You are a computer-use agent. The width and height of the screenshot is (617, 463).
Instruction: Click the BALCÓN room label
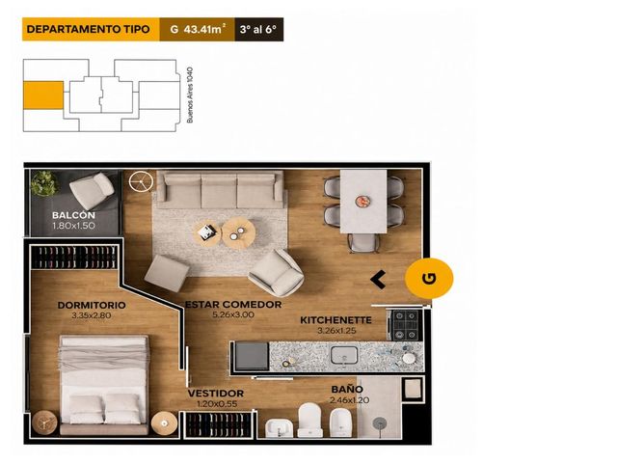73,215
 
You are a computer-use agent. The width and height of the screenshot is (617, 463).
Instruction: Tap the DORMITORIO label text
92,305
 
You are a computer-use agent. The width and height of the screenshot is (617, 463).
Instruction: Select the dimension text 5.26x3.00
233,315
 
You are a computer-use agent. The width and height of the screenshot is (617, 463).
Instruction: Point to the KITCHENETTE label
335,320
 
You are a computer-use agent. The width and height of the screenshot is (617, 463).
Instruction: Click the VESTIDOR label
216,394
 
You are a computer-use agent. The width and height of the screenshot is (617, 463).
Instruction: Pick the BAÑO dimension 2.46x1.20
349,400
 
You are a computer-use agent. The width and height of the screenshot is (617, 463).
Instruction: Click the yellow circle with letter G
429,279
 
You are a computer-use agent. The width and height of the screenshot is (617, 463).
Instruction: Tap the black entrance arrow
378,280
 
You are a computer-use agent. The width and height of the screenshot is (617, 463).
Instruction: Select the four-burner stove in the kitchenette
406,325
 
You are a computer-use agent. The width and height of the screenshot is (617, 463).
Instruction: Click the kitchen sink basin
344,355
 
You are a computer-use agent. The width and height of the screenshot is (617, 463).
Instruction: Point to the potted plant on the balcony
43,183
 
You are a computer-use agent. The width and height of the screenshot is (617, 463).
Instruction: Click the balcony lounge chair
93,190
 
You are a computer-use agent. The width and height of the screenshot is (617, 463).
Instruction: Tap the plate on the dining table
362,202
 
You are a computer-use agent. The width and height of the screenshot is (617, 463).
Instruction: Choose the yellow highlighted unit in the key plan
43,95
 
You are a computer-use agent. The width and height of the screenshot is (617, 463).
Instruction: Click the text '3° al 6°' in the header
258,29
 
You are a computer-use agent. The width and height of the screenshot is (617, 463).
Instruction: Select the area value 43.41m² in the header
203,29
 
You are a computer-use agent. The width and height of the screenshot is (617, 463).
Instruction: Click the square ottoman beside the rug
167,273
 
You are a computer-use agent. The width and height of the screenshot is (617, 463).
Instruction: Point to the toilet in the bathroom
310,420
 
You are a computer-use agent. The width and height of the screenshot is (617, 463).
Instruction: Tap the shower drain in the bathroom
379,423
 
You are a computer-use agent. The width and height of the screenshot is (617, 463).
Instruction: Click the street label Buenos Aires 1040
190,95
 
